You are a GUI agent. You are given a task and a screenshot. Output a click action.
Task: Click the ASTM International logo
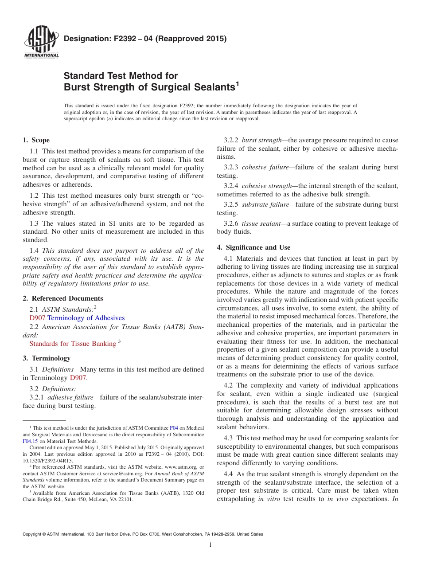(41, 43)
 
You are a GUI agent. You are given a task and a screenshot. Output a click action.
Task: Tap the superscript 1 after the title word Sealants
(237, 83)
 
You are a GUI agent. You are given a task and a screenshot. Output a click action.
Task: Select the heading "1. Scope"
(36, 140)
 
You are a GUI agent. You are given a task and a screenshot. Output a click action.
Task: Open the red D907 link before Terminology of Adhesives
(37, 318)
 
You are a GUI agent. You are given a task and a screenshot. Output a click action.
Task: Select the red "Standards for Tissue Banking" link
(72, 344)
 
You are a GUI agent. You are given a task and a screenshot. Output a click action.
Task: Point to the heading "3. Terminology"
(47, 358)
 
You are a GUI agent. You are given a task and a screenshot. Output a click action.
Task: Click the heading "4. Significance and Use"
(253, 247)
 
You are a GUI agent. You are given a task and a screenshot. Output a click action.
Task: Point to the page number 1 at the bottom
(210, 545)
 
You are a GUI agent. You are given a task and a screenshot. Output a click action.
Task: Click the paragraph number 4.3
(229, 438)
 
